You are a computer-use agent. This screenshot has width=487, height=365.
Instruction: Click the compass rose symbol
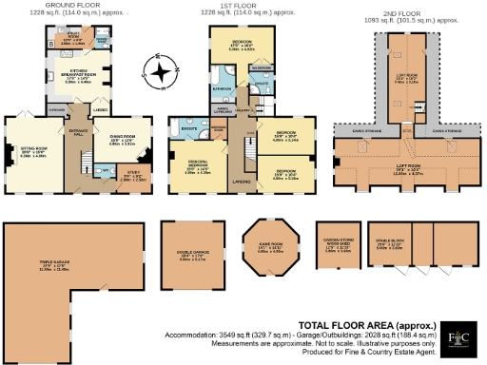click(163, 71)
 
